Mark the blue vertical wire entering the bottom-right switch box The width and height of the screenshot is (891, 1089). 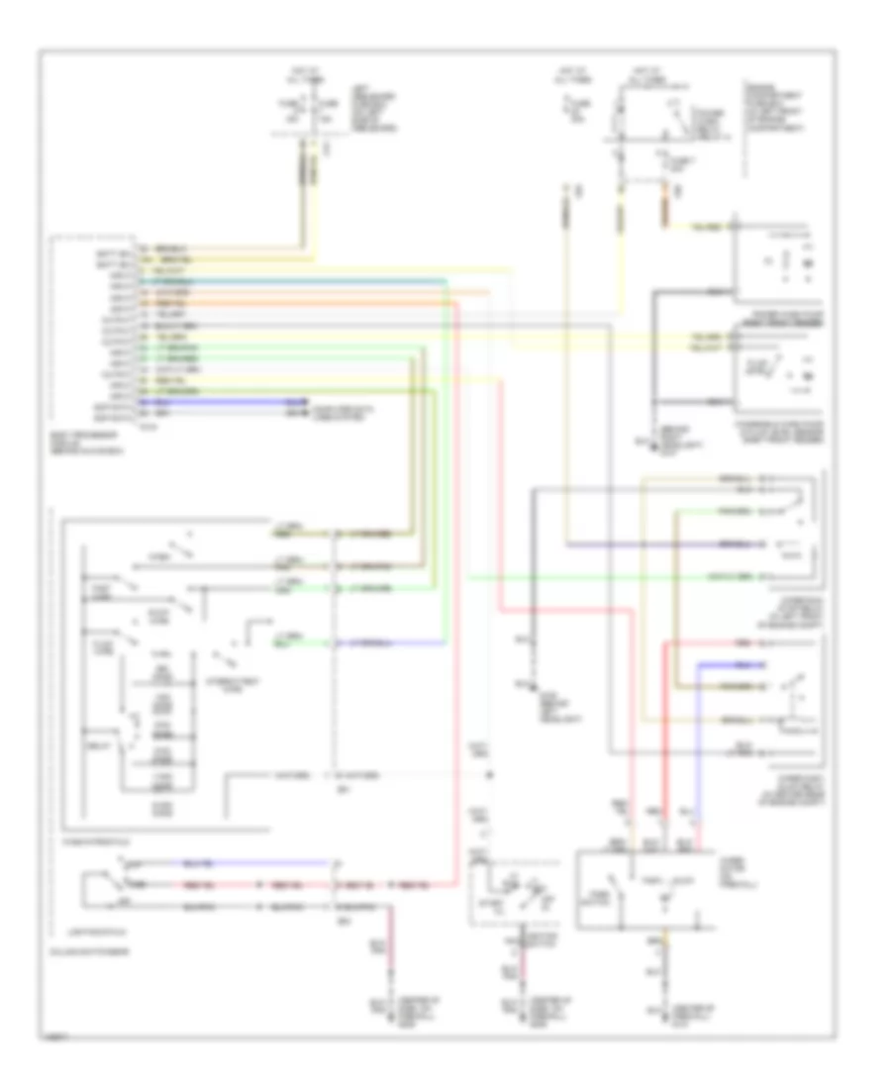(699, 752)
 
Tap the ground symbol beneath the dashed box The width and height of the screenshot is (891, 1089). (511, 1010)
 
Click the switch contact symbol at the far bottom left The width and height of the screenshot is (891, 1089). (109, 882)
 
